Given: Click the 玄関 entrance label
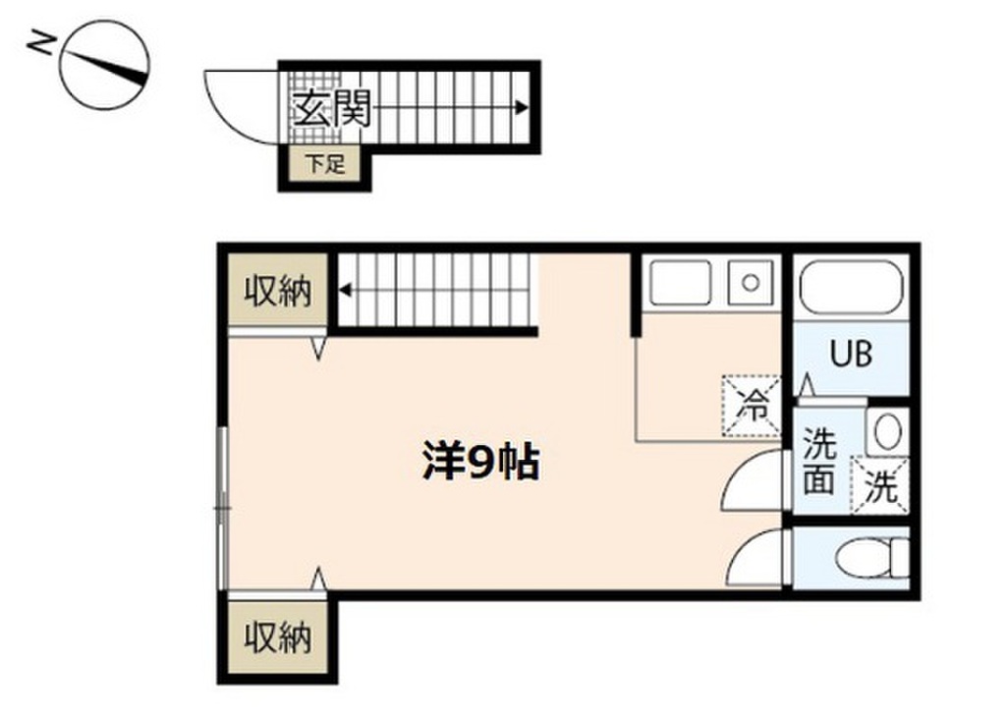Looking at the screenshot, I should pyautogui.click(x=329, y=109).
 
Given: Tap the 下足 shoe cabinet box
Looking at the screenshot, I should pyautogui.click(x=324, y=165).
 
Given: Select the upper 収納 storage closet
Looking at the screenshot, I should pyautogui.click(x=277, y=293).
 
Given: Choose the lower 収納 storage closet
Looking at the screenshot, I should pyautogui.click(x=277, y=638).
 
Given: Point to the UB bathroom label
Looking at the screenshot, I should pyautogui.click(x=852, y=354).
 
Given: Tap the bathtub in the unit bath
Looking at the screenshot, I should pyautogui.click(x=851, y=286).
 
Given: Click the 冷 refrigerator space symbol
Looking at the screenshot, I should pyautogui.click(x=753, y=404).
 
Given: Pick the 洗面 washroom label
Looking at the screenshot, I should pyautogui.click(x=818, y=462).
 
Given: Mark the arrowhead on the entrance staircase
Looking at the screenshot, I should pyautogui.click(x=523, y=108).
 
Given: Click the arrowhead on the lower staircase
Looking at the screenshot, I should pyautogui.click(x=347, y=290).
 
